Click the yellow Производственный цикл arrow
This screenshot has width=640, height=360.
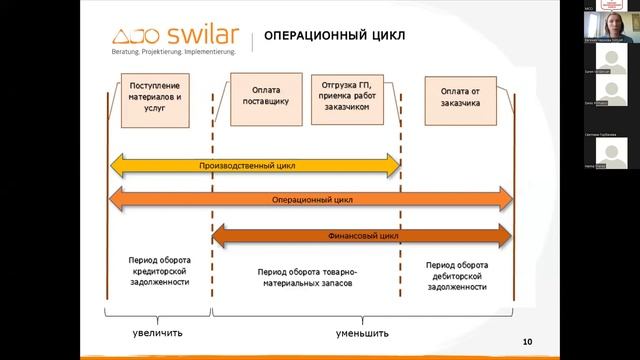pos(254,165)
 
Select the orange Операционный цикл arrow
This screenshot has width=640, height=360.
pos(311,199)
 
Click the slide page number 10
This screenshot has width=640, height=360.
pos(527,342)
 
